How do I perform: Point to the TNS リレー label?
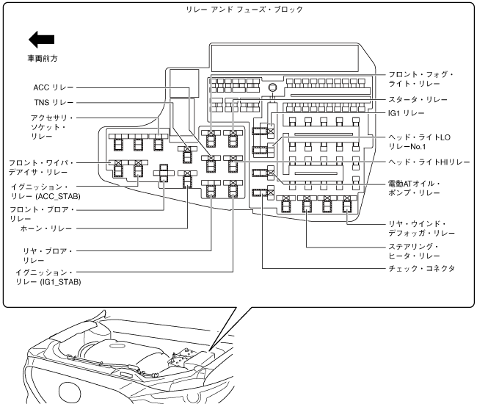[50, 103]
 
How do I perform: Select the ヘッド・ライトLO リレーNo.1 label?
[425, 142]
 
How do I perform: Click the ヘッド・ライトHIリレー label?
[429, 162]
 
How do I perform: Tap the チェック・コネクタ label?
[422, 269]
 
